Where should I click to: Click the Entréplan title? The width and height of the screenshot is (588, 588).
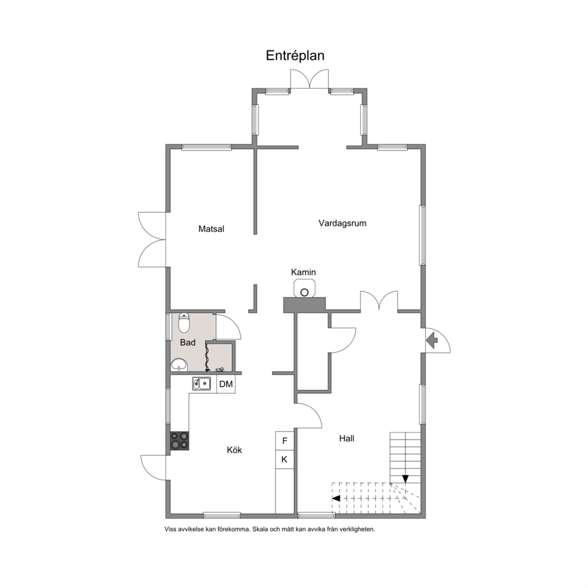[x=295, y=56]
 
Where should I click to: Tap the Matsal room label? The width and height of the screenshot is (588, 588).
[x=211, y=229]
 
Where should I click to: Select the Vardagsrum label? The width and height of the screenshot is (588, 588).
[x=343, y=223]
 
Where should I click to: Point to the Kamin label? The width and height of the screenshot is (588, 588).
[x=303, y=272]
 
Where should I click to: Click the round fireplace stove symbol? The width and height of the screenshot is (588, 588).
[x=305, y=292]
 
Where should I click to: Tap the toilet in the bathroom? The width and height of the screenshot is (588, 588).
[x=184, y=322]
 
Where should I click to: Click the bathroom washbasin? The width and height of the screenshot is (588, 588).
[x=179, y=364]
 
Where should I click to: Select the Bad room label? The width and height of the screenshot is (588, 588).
[x=187, y=343]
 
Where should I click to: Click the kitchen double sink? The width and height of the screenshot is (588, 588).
[x=202, y=384]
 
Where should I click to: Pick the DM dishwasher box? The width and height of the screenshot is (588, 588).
[x=226, y=384]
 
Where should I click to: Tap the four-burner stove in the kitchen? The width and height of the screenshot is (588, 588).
[x=179, y=440]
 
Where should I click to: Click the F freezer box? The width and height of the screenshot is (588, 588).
[x=285, y=440]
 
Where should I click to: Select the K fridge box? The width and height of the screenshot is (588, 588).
[x=285, y=459]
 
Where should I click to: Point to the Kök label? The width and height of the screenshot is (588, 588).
[x=234, y=450]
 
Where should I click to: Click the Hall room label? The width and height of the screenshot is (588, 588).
[x=347, y=439]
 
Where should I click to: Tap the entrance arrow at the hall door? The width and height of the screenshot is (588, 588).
[x=432, y=340]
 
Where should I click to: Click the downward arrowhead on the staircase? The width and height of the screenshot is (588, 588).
[x=405, y=479]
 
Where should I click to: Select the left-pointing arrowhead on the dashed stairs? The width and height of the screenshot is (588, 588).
[x=336, y=498]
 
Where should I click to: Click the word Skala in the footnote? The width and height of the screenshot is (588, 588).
[x=260, y=529]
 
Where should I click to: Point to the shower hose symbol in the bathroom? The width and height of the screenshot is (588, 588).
[x=207, y=356]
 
